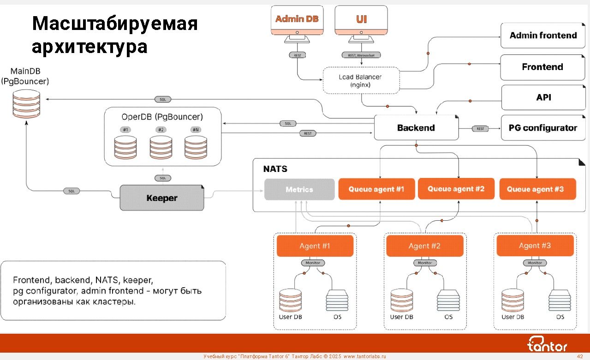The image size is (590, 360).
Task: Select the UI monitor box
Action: [x=361, y=19]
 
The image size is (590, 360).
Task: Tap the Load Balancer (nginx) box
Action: [x=360, y=81]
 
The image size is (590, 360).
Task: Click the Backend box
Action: [x=416, y=128]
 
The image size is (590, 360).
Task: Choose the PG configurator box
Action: [x=543, y=128]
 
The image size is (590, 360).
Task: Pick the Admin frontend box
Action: [x=543, y=35]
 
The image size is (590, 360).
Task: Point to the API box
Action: [x=543, y=97]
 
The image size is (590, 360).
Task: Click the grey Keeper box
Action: [x=162, y=198]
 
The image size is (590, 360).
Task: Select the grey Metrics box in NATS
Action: [x=299, y=189]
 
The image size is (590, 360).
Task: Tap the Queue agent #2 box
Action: [x=456, y=189]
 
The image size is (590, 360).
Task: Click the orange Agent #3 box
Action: [x=535, y=246]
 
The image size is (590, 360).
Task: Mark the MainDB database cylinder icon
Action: [x=26, y=103]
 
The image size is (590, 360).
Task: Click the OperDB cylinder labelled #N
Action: [x=196, y=148]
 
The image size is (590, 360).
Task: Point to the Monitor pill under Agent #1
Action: [x=313, y=263]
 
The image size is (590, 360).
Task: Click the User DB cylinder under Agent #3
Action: [x=513, y=301]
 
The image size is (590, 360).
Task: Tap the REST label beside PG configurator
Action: [x=480, y=129]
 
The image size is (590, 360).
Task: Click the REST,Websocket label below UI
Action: [x=361, y=55]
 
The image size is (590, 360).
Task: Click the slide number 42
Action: [x=580, y=356]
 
